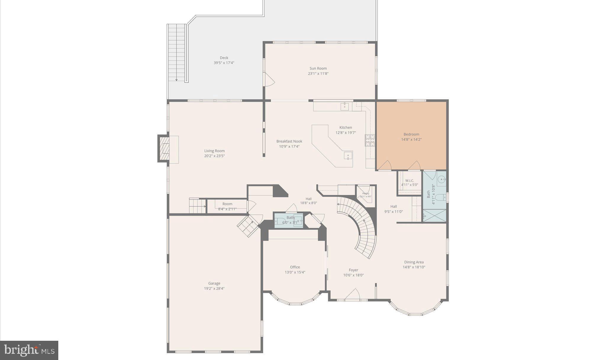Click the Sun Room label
(318, 68)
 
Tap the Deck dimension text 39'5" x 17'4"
(224, 63)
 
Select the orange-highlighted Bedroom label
(411, 134)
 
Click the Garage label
(214, 283)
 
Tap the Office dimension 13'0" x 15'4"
(295, 272)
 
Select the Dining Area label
(414, 262)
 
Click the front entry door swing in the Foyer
(353, 295)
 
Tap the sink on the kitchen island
(348, 155)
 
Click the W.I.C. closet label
(410, 181)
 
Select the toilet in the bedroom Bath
(440, 197)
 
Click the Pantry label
(366, 193)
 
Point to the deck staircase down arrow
(176, 79)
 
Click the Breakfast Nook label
(289, 141)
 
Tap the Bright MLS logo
(29, 350)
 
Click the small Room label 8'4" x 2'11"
(227, 204)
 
